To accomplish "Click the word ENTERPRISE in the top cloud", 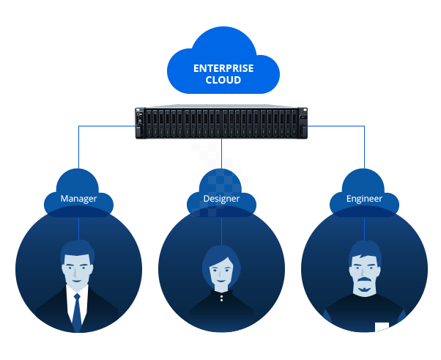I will click(223, 68).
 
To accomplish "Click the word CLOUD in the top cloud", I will click(223, 80).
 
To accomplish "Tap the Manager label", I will click(78, 199).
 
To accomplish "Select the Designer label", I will click(221, 199).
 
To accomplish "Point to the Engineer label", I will click(364, 199).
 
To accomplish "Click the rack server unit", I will click(220, 122).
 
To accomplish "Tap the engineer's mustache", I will click(364, 283).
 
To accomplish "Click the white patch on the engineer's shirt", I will click(382, 327).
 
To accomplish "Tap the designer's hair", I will click(221, 253).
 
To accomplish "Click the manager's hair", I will click(77, 249).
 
